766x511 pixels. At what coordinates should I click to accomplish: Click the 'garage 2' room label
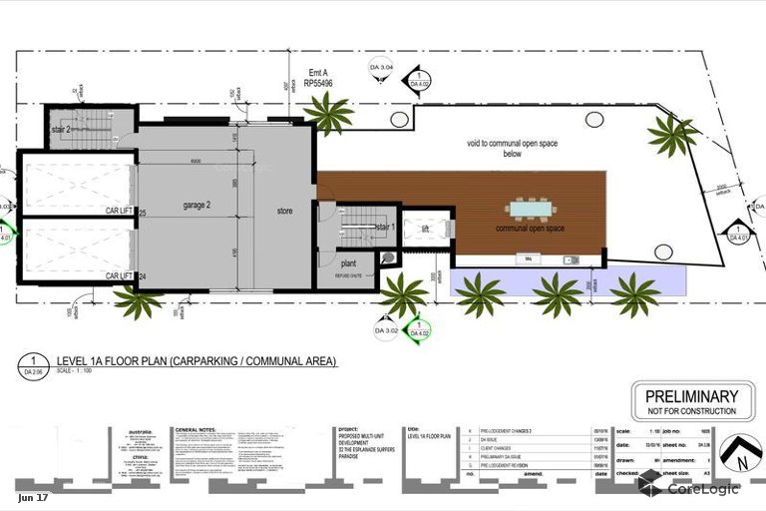[202, 205]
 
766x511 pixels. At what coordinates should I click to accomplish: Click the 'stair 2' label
[62, 131]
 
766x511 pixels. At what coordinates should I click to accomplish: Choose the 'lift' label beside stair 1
[425, 229]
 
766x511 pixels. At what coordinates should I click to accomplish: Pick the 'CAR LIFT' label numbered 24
[120, 276]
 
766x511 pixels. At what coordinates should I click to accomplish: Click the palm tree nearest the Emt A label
[327, 113]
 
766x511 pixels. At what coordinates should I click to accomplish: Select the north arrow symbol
[740, 455]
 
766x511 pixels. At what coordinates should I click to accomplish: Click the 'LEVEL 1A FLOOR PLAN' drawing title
[196, 360]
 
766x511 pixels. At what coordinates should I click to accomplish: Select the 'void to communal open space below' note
[512, 149]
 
